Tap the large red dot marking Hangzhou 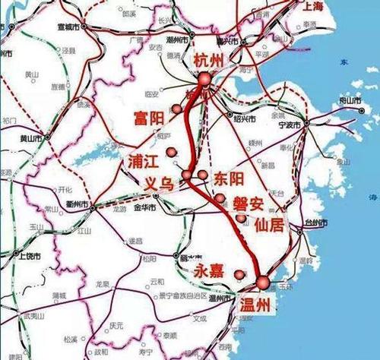(x=205, y=78)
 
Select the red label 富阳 (x=149, y=118)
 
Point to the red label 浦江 (x=141, y=162)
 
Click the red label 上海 (x=357, y=7)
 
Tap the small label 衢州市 (x=75, y=206)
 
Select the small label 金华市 (x=144, y=207)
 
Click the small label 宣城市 (x=68, y=25)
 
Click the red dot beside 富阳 (x=177, y=109)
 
